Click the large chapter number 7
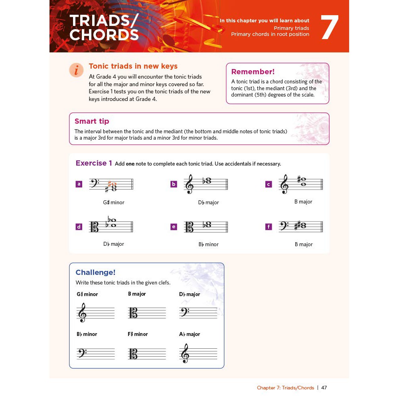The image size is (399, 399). [x=330, y=27]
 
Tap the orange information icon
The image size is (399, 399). [x=76, y=70]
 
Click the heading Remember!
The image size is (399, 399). [x=253, y=72]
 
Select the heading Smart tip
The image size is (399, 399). [x=92, y=121]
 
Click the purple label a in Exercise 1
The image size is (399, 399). [x=79, y=184]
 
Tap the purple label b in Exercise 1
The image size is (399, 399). [x=174, y=184]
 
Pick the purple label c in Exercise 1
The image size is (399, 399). [x=269, y=184]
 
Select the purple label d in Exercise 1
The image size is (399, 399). [x=79, y=227]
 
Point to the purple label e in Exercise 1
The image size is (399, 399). [x=174, y=227]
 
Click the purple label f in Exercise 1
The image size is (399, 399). [x=269, y=227]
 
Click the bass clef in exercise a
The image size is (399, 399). [x=95, y=183]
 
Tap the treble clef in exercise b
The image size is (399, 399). [x=190, y=184]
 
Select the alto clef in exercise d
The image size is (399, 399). [x=95, y=227]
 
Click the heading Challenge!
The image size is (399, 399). [x=95, y=272]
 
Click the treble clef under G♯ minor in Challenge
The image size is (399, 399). [x=82, y=312]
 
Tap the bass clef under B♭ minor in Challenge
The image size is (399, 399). [x=82, y=353]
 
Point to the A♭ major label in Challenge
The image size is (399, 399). [x=190, y=334]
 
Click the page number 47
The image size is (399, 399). [x=324, y=387]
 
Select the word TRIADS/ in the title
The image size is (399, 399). [x=104, y=20]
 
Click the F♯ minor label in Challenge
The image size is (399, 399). [x=138, y=334]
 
